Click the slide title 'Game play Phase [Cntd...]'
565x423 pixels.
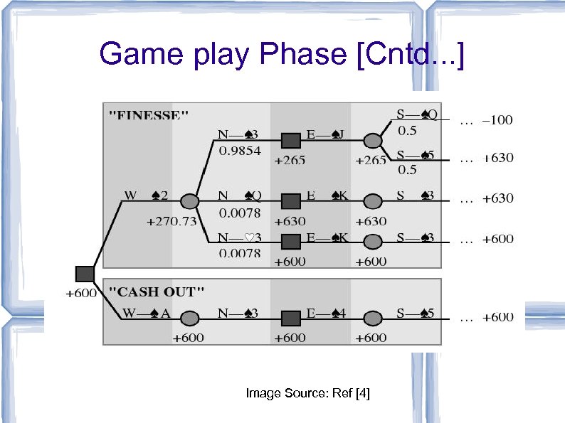(282, 55)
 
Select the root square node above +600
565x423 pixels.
(85, 274)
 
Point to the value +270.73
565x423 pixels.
(171, 221)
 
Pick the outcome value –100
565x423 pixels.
(497, 120)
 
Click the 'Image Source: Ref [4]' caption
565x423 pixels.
(307, 392)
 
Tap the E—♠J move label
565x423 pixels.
(325, 134)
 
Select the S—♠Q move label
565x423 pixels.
(416, 114)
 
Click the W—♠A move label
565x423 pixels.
(145, 312)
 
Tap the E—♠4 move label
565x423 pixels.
(325, 312)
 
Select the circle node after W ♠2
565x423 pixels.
(189, 201)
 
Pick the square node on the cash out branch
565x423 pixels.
(290, 318)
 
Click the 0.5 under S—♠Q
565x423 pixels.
(407, 131)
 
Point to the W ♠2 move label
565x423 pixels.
(145, 194)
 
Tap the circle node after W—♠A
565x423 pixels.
(189, 318)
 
